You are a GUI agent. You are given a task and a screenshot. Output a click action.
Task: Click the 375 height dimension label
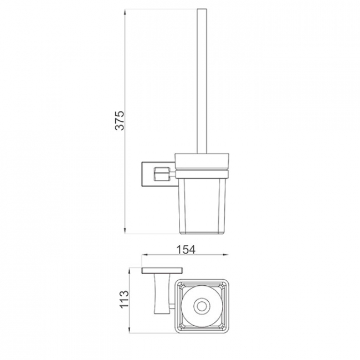[x=120, y=121]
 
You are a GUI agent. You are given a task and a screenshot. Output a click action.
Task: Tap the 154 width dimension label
[x=186, y=250]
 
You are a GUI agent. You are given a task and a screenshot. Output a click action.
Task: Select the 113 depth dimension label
[x=124, y=299]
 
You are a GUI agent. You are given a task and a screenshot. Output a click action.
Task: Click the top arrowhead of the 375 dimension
[x=125, y=12]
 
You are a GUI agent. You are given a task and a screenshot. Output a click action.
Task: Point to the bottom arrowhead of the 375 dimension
[x=125, y=231]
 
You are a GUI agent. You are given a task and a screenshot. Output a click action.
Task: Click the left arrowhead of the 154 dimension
[x=145, y=254]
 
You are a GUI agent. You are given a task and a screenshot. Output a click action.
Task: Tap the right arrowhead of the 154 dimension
[x=225, y=254]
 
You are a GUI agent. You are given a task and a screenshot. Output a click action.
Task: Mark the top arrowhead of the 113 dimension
[x=130, y=270]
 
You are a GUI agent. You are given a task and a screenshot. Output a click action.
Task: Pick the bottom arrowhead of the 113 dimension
[x=130, y=330]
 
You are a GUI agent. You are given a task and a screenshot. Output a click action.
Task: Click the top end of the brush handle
[x=202, y=9]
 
